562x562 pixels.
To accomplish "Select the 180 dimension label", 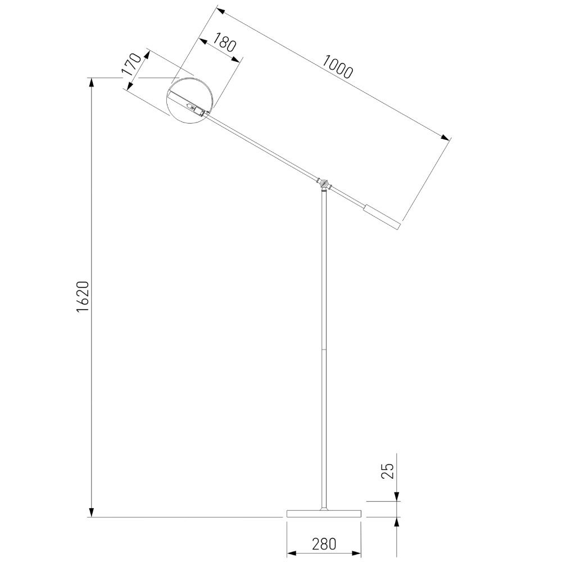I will point(224,44).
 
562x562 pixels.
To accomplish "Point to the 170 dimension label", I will point(130,65).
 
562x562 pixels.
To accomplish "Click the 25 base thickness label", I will point(387,471).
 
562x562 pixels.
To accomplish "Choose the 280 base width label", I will point(324,544).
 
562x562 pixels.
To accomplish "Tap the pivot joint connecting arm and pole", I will point(324,183).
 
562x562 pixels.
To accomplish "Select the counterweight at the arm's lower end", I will point(382,217).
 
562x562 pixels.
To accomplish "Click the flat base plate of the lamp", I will point(324,513).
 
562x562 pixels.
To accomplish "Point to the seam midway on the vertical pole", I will point(324,350).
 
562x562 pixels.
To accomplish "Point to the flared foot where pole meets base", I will point(324,508).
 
